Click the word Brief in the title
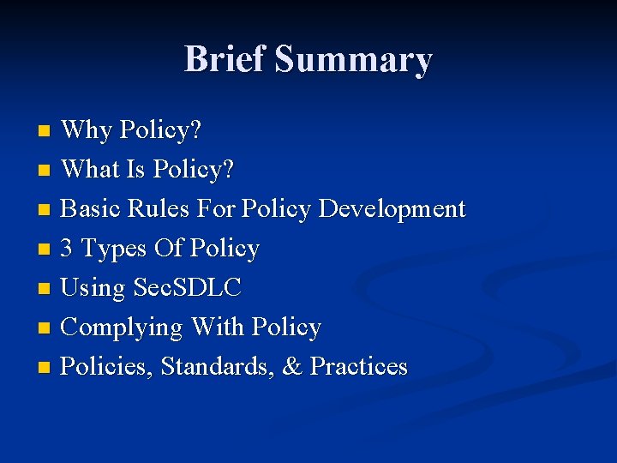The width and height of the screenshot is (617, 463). click(225, 60)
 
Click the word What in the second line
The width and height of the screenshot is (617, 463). click(91, 170)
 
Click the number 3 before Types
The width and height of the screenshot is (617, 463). click(68, 249)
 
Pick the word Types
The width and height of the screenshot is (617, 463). click(114, 250)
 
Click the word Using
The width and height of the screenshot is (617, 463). click(93, 289)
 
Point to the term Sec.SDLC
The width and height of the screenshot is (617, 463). click(188, 288)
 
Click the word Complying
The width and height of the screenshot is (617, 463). click(123, 328)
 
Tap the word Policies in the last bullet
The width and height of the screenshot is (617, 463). click(107, 367)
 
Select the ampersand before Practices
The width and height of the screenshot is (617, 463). click(292, 367)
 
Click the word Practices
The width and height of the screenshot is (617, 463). click(358, 367)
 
